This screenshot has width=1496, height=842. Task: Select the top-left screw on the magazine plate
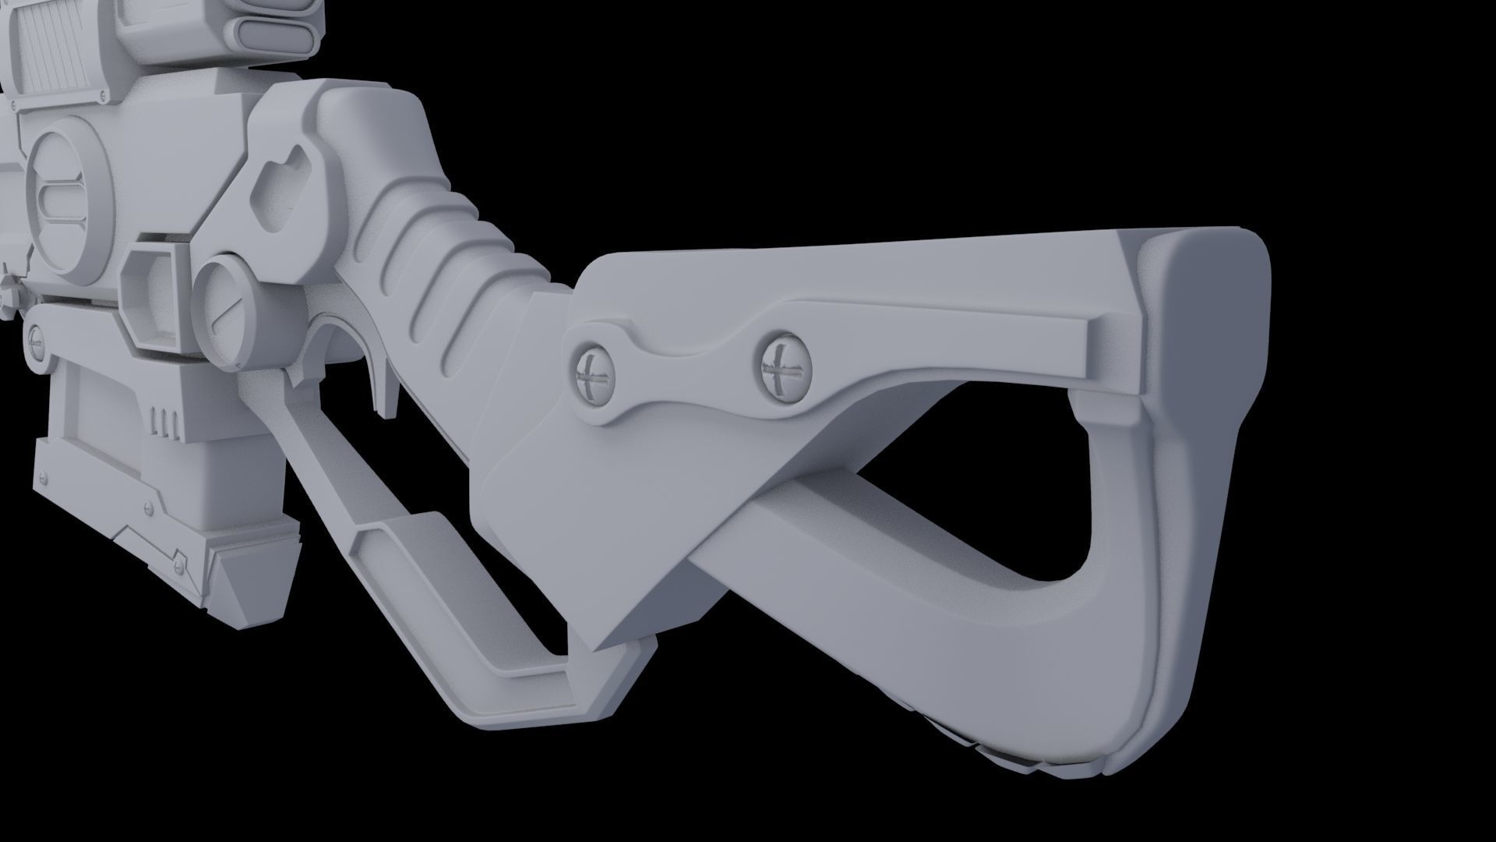[x=44, y=477]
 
